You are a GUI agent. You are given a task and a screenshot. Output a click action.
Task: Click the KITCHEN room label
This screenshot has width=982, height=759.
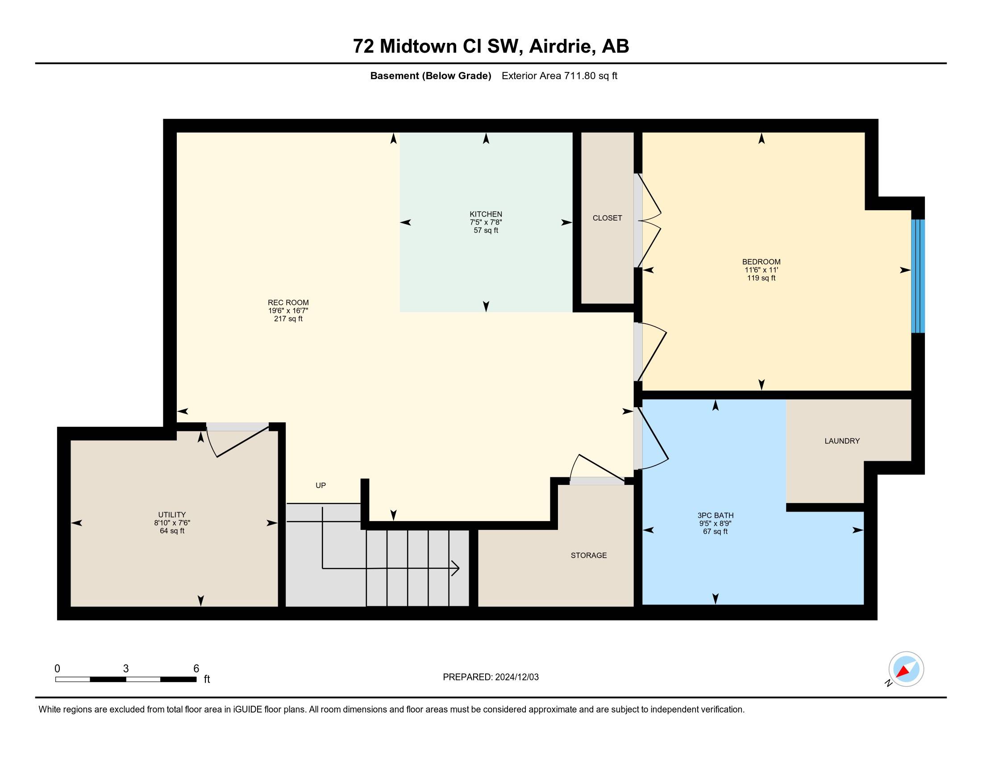pyautogui.click(x=486, y=214)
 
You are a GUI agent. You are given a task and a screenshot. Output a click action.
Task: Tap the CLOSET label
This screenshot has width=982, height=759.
pyautogui.click(x=607, y=218)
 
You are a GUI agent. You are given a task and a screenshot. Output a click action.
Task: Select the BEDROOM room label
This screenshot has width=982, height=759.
pyautogui.click(x=761, y=262)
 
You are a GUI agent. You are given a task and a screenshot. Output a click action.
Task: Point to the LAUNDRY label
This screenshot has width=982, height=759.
pyautogui.click(x=842, y=441)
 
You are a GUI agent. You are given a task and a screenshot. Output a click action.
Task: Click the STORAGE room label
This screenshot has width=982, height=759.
pyautogui.click(x=589, y=555)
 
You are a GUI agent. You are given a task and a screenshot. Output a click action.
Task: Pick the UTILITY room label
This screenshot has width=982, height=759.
pyautogui.click(x=172, y=514)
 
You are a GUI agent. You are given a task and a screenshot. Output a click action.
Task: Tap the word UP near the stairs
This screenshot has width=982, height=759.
pyautogui.click(x=320, y=485)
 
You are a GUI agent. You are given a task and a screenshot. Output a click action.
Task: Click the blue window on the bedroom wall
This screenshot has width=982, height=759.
pyautogui.click(x=918, y=276)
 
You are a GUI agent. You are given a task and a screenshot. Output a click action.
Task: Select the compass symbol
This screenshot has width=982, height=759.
pyautogui.click(x=906, y=669)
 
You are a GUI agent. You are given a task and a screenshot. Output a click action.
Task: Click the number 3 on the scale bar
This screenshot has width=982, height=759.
pyautogui.click(x=126, y=669)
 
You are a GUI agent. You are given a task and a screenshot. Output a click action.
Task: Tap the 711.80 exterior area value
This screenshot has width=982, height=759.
pyautogui.click(x=580, y=76)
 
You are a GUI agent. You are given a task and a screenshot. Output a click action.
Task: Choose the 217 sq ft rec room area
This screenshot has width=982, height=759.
pyautogui.click(x=288, y=319)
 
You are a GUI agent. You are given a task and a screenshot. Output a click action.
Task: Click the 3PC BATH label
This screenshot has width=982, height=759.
pyautogui.click(x=716, y=515)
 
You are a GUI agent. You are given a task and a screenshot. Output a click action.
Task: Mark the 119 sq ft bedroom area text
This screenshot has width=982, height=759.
pyautogui.click(x=761, y=278)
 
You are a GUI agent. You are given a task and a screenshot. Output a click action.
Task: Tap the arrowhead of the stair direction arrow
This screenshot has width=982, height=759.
pyautogui.click(x=455, y=568)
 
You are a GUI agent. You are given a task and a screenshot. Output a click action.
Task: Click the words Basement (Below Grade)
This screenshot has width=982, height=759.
pyautogui.click(x=430, y=76)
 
